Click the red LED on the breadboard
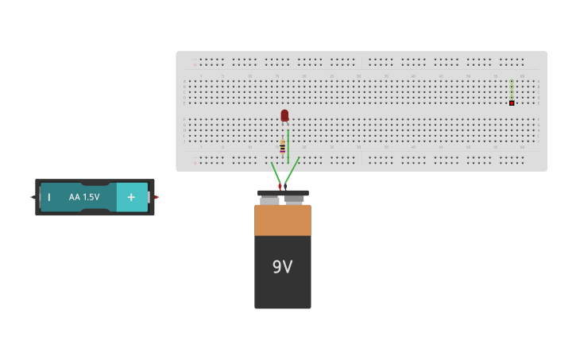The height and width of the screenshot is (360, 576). point(284,115)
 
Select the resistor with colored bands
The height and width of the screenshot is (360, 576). point(282,146)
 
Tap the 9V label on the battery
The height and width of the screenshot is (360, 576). point(282,267)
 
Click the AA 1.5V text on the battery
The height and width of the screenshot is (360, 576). point(84,197)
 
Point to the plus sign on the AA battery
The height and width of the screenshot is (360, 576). point(131,197)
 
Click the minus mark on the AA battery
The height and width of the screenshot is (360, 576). point(48,197)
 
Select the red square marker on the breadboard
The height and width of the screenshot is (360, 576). point(512,103)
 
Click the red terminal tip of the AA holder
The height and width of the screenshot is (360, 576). point(157,197)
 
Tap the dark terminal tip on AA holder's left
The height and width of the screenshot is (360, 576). point(33,197)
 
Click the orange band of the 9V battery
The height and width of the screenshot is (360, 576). point(282,220)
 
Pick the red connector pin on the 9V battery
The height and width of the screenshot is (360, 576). point(280,187)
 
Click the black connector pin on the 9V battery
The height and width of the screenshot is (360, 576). point(285,187)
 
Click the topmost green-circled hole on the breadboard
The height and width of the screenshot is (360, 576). point(512,81)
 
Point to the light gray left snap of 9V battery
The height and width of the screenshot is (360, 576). point(269,200)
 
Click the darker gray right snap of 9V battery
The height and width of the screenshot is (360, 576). point(295,200)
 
